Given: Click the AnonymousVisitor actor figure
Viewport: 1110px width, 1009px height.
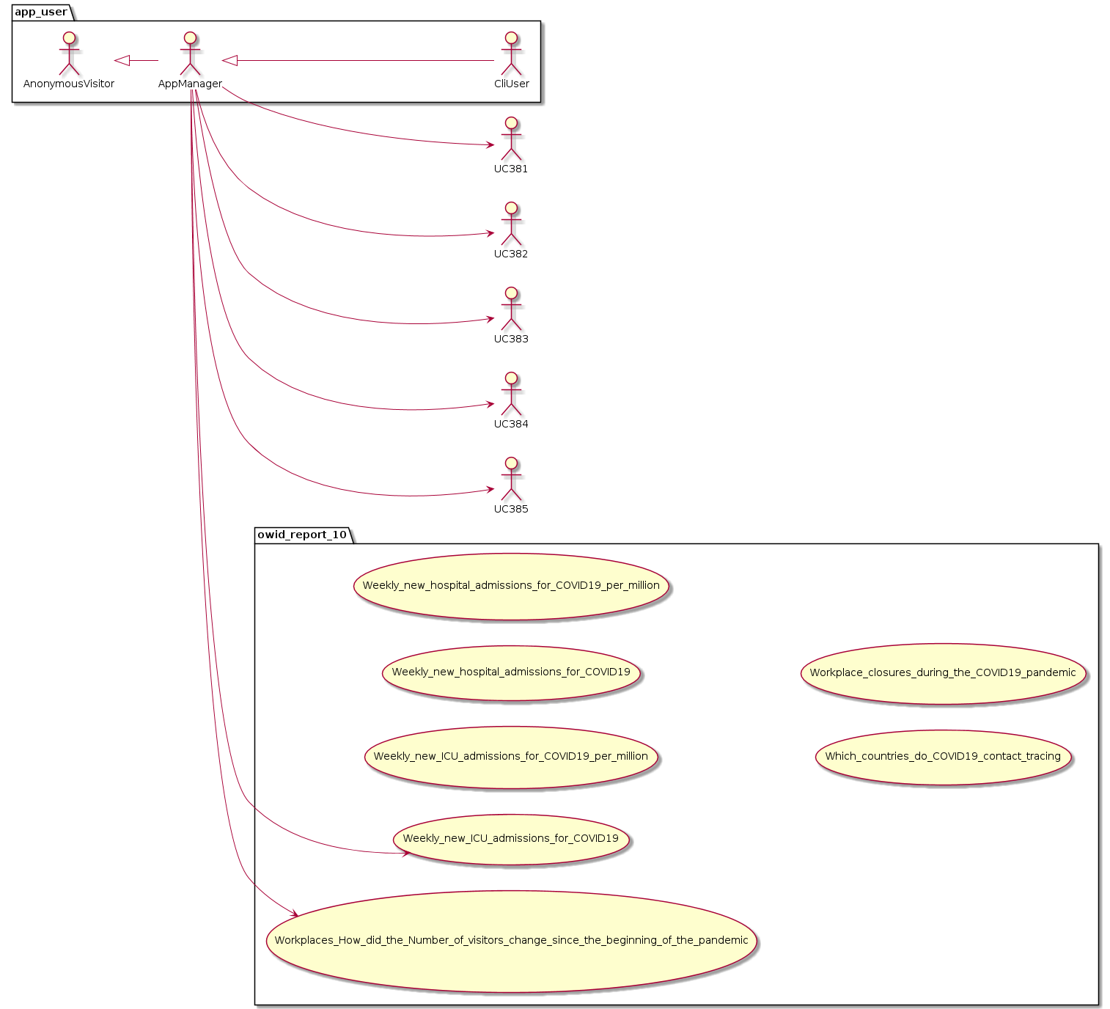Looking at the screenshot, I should [69, 54].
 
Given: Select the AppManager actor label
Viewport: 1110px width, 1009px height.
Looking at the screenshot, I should [190, 84].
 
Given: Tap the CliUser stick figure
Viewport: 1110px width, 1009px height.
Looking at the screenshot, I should [511, 54].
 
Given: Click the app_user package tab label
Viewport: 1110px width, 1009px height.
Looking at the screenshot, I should [41, 12].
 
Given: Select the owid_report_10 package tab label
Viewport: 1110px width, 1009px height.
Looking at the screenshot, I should [302, 535].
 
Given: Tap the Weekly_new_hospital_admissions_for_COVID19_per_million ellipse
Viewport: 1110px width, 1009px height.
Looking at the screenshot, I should [511, 586].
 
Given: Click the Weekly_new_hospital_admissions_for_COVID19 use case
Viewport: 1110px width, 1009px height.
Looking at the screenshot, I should [511, 672].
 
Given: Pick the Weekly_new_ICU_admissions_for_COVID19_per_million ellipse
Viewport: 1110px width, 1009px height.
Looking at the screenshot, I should [511, 757].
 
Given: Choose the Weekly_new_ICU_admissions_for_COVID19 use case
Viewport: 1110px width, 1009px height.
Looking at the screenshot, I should [511, 839].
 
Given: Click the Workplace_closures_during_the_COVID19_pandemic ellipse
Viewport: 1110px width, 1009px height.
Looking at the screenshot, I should [943, 673].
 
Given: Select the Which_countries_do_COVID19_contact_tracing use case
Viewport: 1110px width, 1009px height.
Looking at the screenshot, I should [943, 757].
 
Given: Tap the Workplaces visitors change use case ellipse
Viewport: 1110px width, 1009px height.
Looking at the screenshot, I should [511, 941].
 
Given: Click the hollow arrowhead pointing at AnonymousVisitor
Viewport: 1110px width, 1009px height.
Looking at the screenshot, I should [122, 61].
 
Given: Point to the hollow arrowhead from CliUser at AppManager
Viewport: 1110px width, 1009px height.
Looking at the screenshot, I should [230, 61].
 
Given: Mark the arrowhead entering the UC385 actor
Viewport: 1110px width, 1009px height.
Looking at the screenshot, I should [489, 491].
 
